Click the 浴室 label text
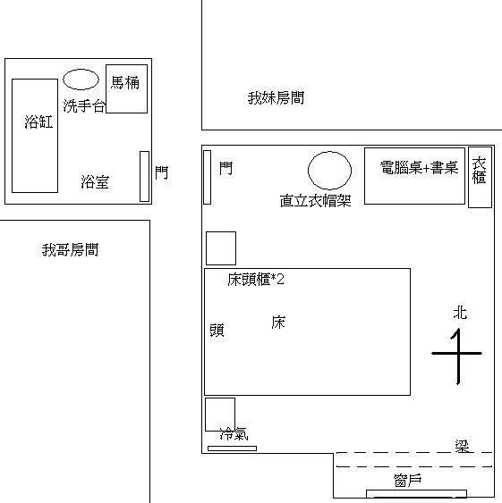[x=95, y=182]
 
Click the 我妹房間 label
[x=277, y=98]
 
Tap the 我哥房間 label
[x=70, y=250]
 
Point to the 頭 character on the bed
[x=217, y=330]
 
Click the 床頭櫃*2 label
[x=256, y=280]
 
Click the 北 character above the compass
[x=460, y=313]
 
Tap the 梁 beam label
[x=462, y=446]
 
